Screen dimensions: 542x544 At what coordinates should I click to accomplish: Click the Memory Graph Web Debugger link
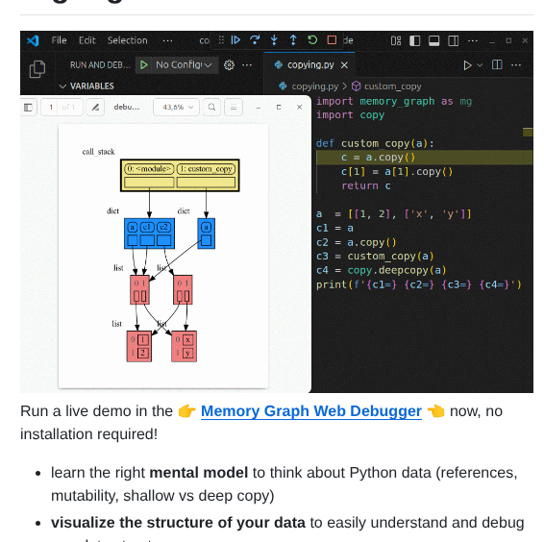coord(310,411)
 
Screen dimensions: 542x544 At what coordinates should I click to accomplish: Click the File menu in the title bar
coord(60,40)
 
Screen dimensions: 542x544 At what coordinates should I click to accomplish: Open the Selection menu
coord(127,40)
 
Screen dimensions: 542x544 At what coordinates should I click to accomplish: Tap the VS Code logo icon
coord(33,40)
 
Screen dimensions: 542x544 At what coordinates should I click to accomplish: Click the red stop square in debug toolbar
coord(332,40)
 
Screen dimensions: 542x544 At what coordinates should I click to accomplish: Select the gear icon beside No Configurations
coord(229,65)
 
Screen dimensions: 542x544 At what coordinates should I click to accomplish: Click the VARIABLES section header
coord(91,86)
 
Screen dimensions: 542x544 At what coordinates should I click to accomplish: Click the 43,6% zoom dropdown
coord(178,108)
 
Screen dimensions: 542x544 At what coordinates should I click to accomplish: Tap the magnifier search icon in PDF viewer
coord(211,108)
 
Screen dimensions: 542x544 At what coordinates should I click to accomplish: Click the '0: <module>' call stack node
coord(149,169)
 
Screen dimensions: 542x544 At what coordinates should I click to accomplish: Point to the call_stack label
coord(98,152)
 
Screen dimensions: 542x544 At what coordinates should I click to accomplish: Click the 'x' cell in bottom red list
coord(187,340)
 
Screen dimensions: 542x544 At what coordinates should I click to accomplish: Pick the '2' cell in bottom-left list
coord(143,353)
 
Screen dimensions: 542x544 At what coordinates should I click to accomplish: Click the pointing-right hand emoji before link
coord(186,411)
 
